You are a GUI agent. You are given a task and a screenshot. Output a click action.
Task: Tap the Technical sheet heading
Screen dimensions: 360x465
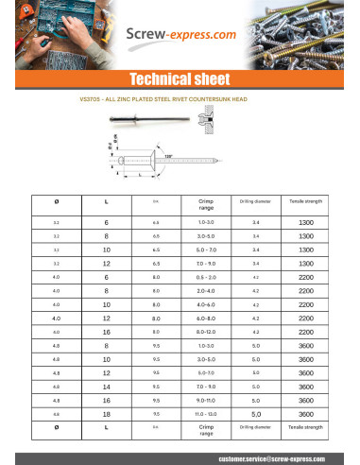(180, 78)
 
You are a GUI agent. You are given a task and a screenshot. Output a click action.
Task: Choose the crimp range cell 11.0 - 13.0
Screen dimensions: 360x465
(208, 413)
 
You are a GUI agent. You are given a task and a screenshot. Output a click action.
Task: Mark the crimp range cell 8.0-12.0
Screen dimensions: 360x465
(208, 333)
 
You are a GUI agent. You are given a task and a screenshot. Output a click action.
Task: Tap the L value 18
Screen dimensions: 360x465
(106, 413)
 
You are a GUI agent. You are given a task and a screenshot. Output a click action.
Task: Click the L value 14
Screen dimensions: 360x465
(106, 387)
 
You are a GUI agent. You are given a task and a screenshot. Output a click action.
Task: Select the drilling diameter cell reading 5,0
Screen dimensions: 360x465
(256, 413)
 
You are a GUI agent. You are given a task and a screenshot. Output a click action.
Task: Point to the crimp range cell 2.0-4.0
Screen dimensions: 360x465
(208, 292)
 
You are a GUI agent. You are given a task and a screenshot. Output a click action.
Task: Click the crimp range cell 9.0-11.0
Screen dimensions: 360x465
(208, 400)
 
